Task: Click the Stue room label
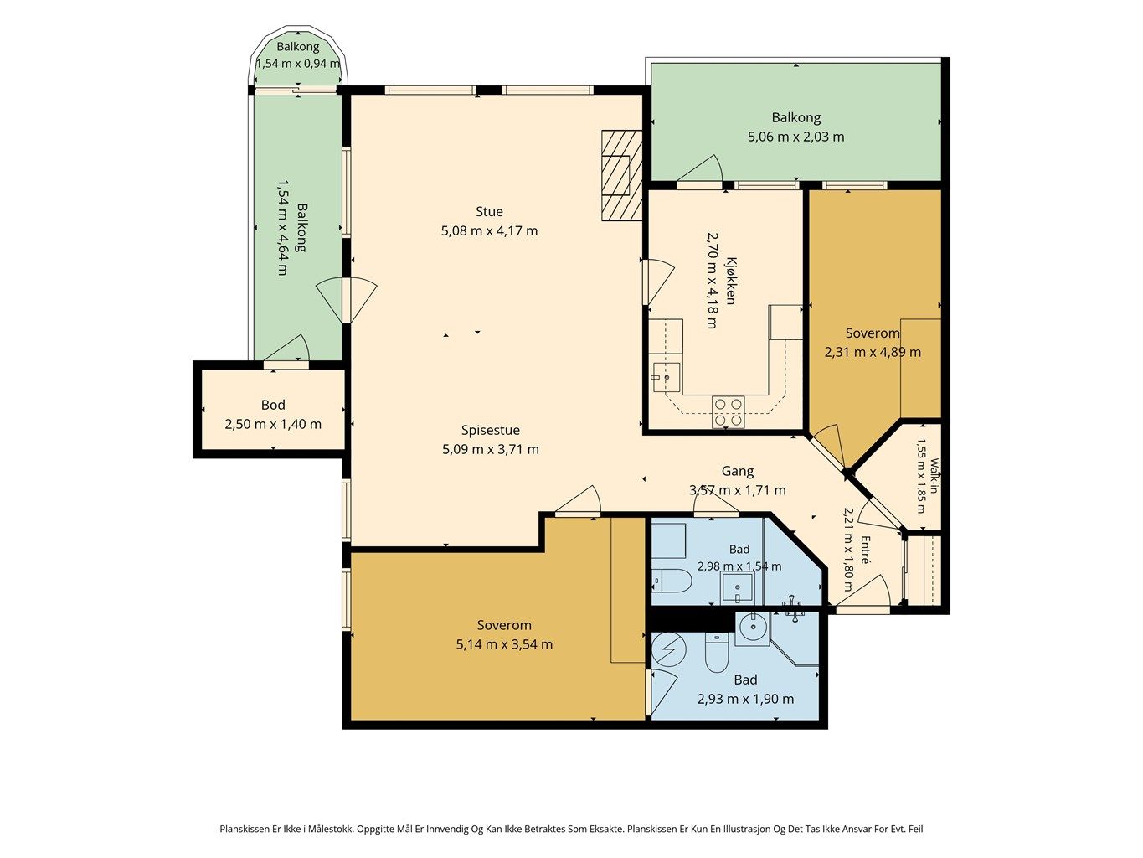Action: coord(489,211)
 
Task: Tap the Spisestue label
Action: coord(491,431)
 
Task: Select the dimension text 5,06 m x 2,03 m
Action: coord(796,137)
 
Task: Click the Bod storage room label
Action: coord(273,405)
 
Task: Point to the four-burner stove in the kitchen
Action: coord(728,412)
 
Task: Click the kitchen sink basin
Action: coord(666,377)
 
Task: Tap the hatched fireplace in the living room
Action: coord(622,175)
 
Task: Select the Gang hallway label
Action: coord(738,471)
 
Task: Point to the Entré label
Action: coord(866,550)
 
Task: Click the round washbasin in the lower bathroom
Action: coord(753,628)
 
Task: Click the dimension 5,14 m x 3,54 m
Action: coord(504,644)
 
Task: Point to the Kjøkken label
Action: coord(731,281)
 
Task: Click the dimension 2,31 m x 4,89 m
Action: coord(873,352)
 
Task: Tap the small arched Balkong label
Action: coord(297,46)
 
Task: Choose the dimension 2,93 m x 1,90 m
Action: coord(746,699)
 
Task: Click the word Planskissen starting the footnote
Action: coord(245,829)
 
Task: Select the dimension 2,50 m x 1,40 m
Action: coord(273,425)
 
